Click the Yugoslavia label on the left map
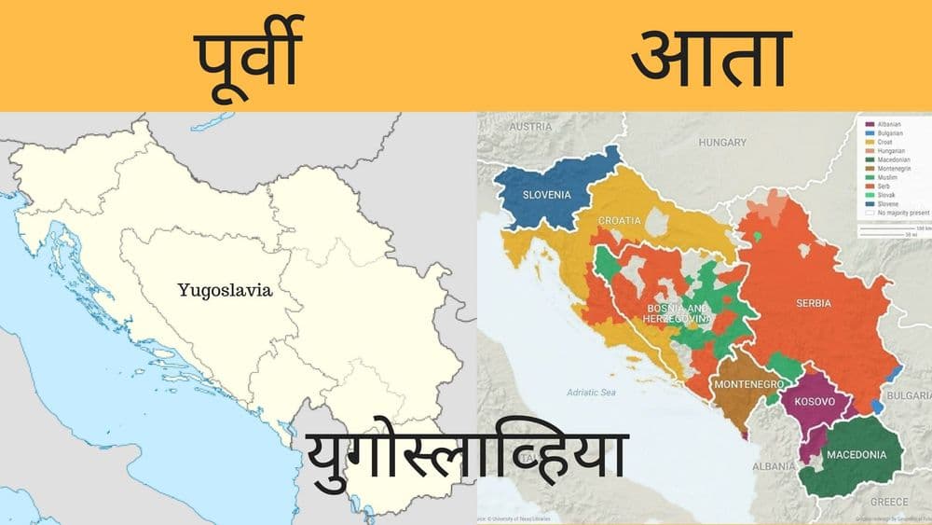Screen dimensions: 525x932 [225, 290]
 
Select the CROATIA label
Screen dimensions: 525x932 [620, 220]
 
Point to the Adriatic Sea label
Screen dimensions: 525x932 [584, 393]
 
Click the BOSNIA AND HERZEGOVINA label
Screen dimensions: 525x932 [677, 312]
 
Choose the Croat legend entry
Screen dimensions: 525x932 [884, 143]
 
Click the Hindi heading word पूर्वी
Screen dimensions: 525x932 [246, 57]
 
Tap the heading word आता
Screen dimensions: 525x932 [707, 57]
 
